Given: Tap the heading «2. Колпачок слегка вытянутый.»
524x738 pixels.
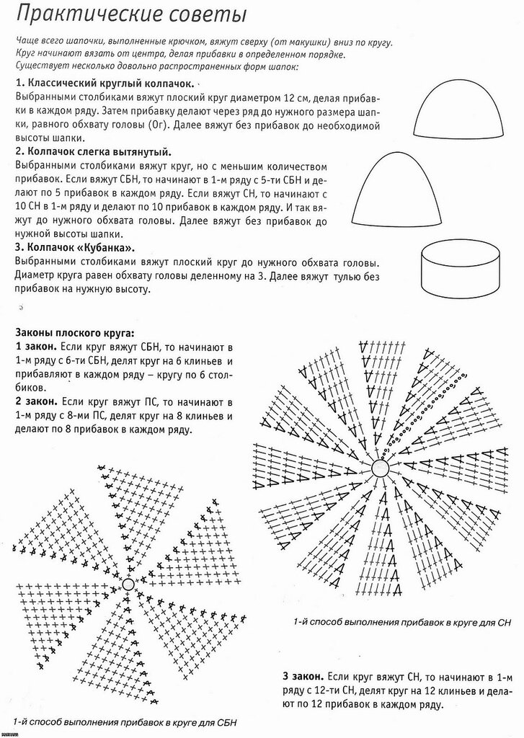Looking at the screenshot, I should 93,152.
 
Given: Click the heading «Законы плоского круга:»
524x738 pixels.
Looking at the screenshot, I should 74,333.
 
